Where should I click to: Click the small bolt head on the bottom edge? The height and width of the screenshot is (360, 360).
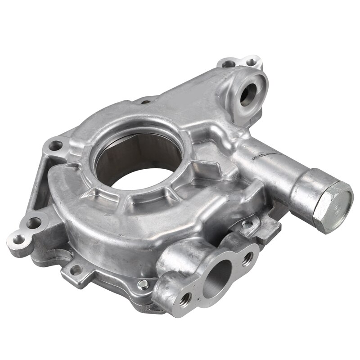pos(143,284)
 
